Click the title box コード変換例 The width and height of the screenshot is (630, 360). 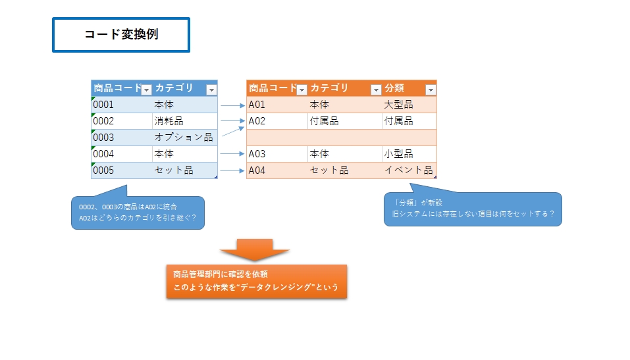point(121,35)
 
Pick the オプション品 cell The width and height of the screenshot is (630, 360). point(183,138)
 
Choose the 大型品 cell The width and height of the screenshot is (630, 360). point(399,105)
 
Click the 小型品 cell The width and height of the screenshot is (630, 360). point(399,154)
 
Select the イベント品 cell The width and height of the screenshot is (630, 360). point(408,170)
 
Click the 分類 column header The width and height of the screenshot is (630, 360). point(395,88)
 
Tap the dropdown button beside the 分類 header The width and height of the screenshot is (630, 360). point(431,90)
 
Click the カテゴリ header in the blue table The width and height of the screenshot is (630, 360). point(174,88)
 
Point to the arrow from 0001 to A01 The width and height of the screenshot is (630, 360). point(232,105)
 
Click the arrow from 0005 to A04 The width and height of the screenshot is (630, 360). point(232,170)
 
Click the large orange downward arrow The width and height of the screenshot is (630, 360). point(255,249)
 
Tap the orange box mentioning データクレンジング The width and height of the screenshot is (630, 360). point(256,281)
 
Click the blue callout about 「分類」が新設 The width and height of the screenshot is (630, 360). point(472,209)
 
